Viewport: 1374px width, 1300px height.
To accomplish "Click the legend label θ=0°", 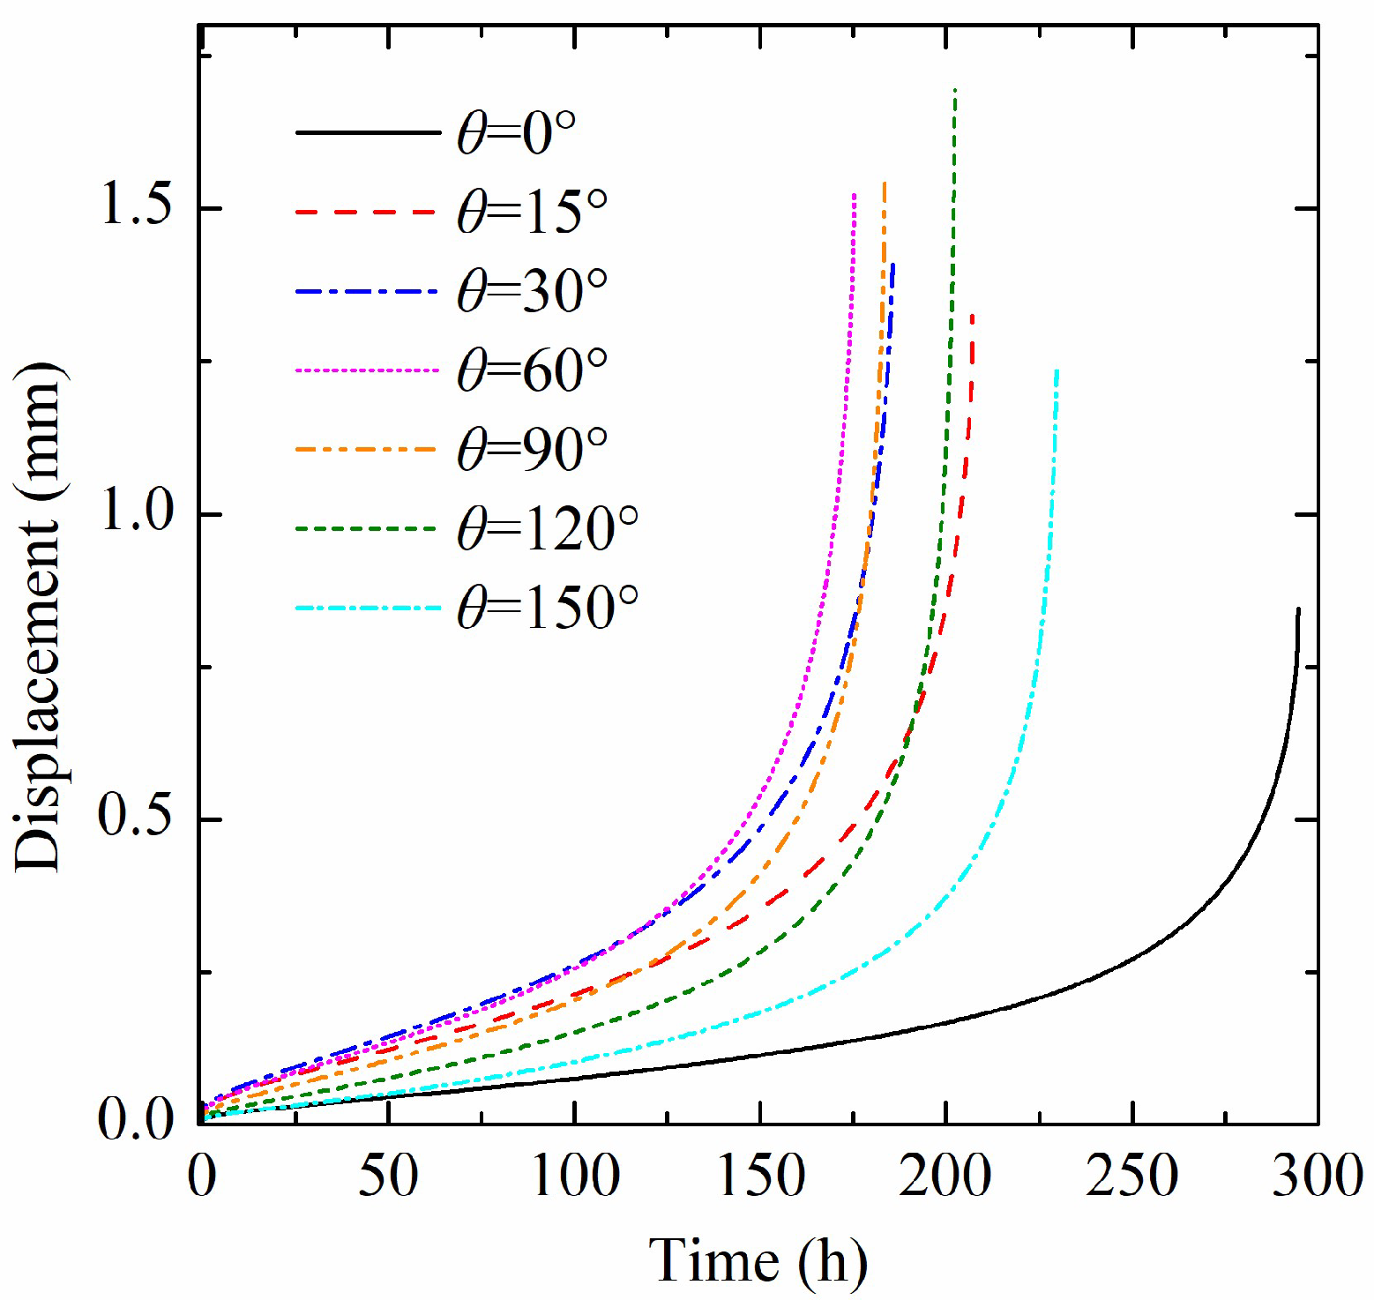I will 516,133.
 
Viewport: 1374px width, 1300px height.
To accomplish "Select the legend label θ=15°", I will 532,213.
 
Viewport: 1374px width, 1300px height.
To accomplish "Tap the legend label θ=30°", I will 532,291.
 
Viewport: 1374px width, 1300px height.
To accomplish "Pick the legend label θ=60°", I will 532,370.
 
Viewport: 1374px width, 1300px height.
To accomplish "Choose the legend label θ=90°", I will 532,450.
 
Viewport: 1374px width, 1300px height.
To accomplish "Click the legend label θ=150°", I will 547,608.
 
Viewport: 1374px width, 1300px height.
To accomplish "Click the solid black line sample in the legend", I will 367,133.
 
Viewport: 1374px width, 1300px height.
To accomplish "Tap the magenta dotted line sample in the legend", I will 367,370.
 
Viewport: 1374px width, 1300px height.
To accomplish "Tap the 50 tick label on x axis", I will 388,1177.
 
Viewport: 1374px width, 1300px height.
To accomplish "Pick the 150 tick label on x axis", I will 761,1177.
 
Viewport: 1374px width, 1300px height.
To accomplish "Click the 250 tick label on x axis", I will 1132,1177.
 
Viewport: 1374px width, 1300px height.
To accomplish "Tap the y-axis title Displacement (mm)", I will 39,616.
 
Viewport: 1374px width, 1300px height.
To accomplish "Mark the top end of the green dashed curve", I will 955,90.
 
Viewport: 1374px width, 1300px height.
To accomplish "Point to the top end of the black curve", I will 1298,609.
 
